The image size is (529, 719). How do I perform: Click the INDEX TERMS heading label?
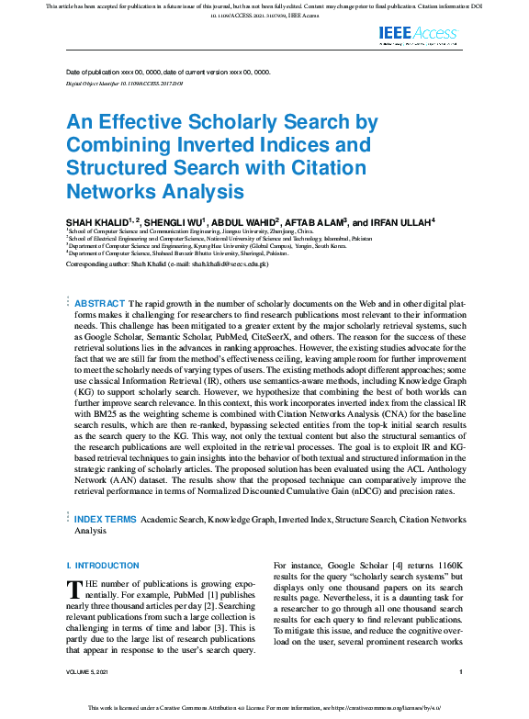pyautogui.click(x=105, y=519)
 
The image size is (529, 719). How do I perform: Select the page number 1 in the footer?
pyautogui.click(x=460, y=673)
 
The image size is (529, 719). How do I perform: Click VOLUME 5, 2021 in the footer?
pyautogui.click(x=93, y=673)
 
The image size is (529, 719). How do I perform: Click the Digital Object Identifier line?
pyautogui.click(x=125, y=83)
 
